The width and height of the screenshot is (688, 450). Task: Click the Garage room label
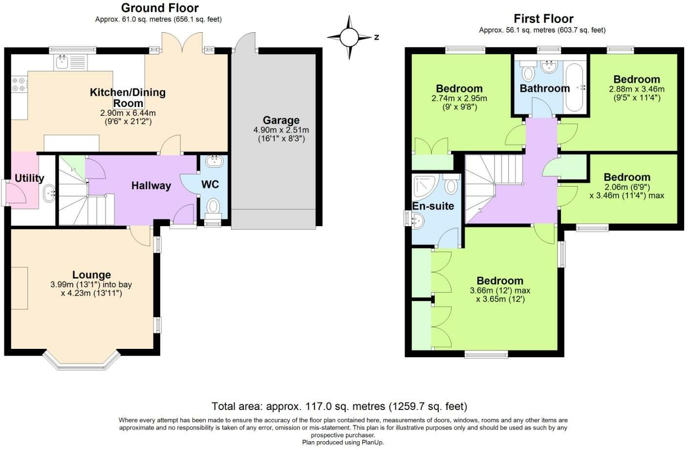(281, 120)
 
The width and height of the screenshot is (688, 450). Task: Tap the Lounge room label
(91, 275)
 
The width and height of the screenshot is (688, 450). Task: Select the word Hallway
(151, 186)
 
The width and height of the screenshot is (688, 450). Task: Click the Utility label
(29, 178)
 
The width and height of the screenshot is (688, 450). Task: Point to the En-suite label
(433, 206)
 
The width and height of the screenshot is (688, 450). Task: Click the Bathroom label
(545, 88)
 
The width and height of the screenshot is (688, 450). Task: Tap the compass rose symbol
(349, 38)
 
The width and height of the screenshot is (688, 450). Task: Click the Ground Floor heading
(160, 8)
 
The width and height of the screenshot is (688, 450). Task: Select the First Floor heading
(544, 19)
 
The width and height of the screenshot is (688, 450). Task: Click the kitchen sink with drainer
(71, 63)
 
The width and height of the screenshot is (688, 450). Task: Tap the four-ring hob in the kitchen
(19, 85)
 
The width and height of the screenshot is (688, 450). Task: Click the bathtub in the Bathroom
(574, 87)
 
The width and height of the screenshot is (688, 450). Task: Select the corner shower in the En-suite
(426, 186)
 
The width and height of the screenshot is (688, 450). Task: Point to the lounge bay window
(81, 359)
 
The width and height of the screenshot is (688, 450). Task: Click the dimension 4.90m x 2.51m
(281, 130)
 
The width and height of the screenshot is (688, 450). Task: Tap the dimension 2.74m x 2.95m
(459, 99)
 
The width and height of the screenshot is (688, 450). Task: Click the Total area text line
(340, 407)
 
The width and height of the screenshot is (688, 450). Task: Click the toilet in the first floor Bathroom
(528, 71)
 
